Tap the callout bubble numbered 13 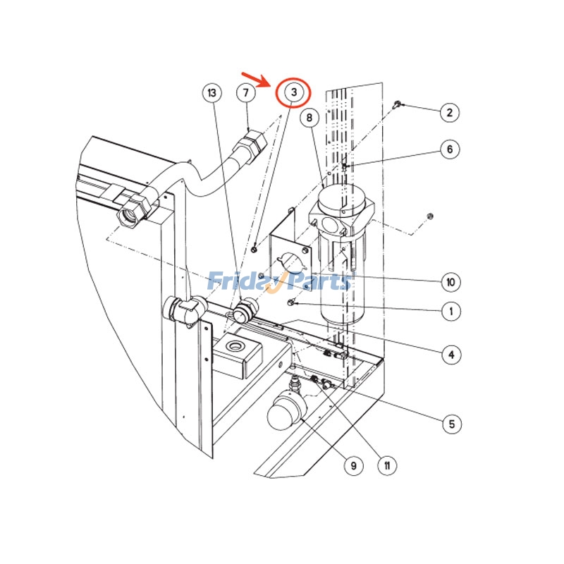[x=211, y=92]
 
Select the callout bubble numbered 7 [x=245, y=92]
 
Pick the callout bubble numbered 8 [x=309, y=118]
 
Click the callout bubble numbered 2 [x=449, y=111]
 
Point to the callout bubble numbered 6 [x=449, y=149]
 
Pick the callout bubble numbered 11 [x=386, y=465]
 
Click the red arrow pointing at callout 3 [x=256, y=78]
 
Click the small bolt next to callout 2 [x=397, y=105]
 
